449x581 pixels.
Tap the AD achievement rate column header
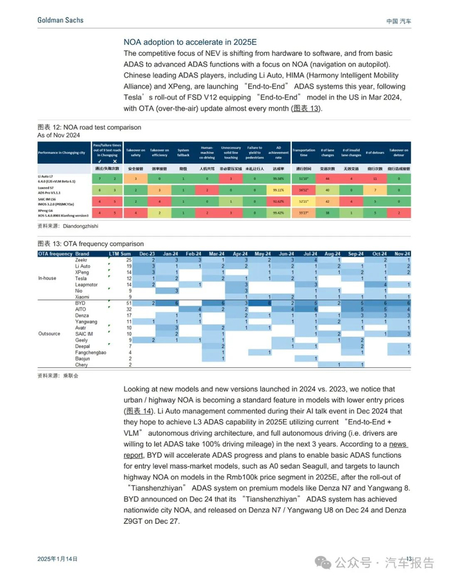click(x=278, y=152)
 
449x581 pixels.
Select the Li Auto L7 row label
click(x=58, y=178)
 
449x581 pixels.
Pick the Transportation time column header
click(x=304, y=152)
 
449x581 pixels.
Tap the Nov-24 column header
click(x=402, y=254)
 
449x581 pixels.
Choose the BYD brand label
click(x=81, y=303)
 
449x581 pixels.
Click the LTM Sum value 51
click(x=128, y=303)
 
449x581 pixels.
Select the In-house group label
click(x=49, y=278)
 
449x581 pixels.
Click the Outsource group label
click(x=50, y=334)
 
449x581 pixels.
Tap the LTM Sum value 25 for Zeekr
click(x=128, y=259)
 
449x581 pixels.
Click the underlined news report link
click(x=398, y=444)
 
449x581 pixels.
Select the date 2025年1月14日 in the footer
click(x=57, y=559)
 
